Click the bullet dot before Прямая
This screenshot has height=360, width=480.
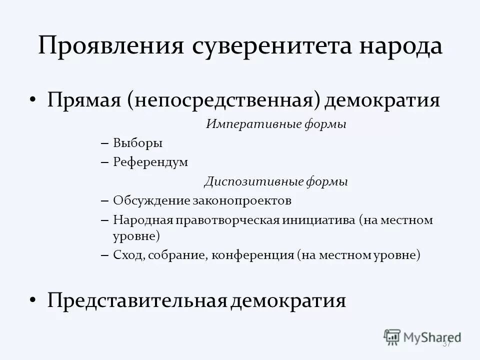32,100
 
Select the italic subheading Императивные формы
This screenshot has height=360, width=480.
276,124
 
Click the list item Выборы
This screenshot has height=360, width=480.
138,143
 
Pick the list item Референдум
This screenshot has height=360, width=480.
150,162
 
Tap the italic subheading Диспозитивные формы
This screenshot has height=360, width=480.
276,182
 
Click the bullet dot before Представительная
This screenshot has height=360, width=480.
32,300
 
